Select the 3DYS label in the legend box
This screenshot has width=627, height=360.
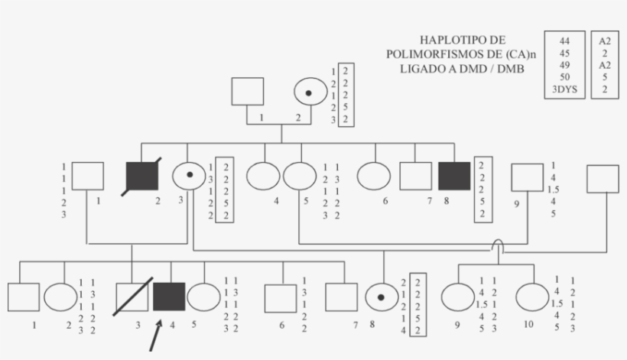[565, 89]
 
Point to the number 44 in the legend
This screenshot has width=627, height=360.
[564, 41]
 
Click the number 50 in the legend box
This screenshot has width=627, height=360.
[564, 77]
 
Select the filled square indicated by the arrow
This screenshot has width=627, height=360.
[169, 297]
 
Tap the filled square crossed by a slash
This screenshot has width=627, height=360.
[141, 176]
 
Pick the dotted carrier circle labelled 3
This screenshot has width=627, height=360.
[188, 177]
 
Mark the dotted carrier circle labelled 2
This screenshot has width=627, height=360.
[310, 92]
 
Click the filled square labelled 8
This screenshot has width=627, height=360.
[454, 177]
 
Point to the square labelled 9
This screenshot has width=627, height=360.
[527, 177]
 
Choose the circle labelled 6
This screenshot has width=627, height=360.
[373, 177]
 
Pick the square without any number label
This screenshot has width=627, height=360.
[603, 178]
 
